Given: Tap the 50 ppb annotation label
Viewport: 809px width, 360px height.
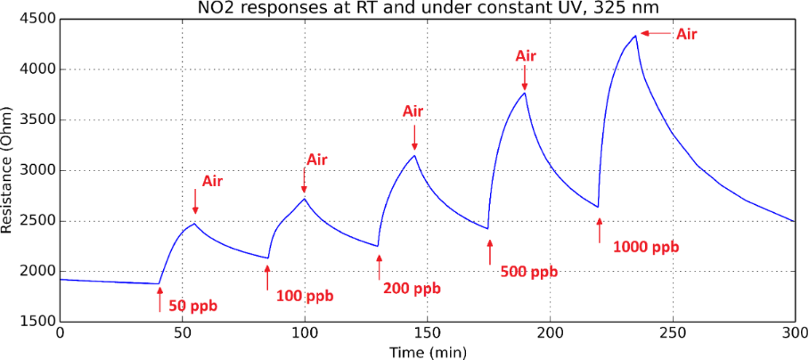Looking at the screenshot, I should coord(192,306).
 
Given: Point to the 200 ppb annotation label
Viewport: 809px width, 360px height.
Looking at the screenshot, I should coord(412,288).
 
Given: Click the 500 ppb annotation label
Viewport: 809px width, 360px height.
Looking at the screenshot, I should coord(529,272).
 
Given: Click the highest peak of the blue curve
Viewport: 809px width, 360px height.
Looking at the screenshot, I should coord(635,36).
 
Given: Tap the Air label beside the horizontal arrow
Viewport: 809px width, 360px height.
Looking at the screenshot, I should coord(686,34).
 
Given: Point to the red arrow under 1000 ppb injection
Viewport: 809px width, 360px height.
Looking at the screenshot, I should coord(600,230).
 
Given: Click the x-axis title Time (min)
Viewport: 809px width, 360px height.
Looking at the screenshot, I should coord(426,352).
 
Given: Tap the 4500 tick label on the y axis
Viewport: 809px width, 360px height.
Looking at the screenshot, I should coord(37,19).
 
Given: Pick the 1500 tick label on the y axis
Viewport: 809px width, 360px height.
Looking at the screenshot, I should coord(37,322).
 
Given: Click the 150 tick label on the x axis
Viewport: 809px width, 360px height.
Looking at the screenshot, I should coord(427,332).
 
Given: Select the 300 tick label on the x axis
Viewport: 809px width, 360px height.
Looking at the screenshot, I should coord(794,332).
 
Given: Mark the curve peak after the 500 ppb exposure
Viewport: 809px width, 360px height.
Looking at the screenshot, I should coord(525,93).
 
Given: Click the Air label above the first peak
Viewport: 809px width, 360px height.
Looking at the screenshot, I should coord(212,181).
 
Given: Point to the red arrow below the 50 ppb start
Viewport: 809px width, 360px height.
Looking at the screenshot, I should coord(159,299).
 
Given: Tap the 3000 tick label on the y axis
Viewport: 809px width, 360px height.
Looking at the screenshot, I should coord(37,170).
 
